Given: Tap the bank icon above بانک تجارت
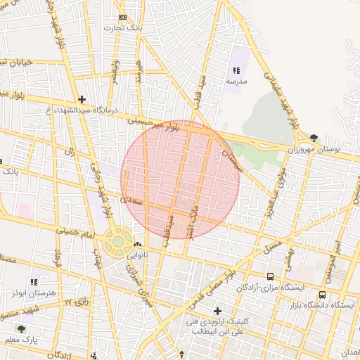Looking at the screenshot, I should pyautogui.click(x=123, y=17).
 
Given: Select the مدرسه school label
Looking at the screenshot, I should pyautogui.click(x=236, y=82).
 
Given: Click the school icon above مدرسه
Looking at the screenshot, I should pyautogui.click(x=236, y=70).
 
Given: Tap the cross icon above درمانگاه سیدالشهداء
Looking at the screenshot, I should pyautogui.click(x=82, y=100).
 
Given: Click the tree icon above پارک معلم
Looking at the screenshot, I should pyautogui.click(x=21, y=328).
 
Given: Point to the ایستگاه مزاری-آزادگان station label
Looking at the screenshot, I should pyautogui.click(x=270, y=288).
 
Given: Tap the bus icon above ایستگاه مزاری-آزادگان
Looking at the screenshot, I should pyautogui.click(x=271, y=276).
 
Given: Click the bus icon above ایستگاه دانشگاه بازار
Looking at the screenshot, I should pyautogui.click(x=322, y=295).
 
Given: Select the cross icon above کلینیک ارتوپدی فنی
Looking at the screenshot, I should pyautogui.click(x=217, y=311).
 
